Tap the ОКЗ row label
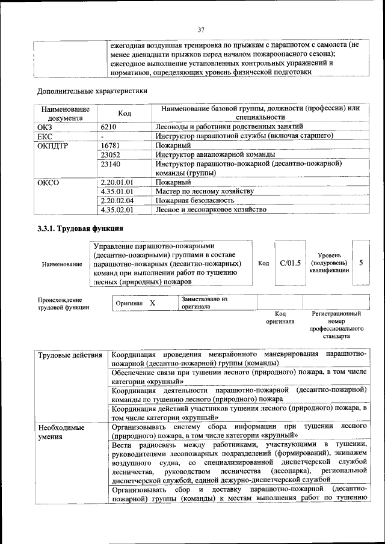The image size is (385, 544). (x=45, y=126)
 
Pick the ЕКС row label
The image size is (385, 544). (x=45, y=136)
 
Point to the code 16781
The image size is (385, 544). (x=111, y=145)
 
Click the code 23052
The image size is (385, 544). (x=111, y=154)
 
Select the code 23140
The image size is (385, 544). (x=111, y=164)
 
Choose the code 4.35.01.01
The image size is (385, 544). (x=117, y=191)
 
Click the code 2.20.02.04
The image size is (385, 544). (x=117, y=201)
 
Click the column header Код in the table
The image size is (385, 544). (x=125, y=113)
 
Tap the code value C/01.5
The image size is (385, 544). (x=290, y=263)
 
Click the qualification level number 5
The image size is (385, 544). (x=360, y=263)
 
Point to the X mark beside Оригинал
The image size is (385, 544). (x=152, y=303)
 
